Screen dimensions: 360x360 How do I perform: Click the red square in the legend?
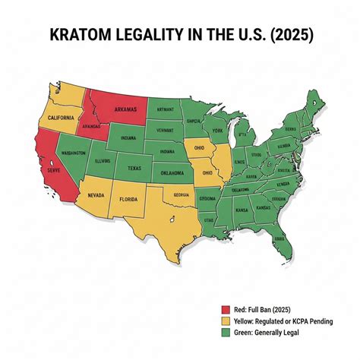point(224,309)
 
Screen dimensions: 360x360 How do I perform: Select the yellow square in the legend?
point(224,321)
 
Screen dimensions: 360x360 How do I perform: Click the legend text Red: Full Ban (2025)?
point(263,309)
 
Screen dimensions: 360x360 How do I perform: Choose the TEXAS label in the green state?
point(135,167)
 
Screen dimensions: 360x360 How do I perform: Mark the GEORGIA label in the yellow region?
point(181,194)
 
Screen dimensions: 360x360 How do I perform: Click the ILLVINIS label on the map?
point(103,161)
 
